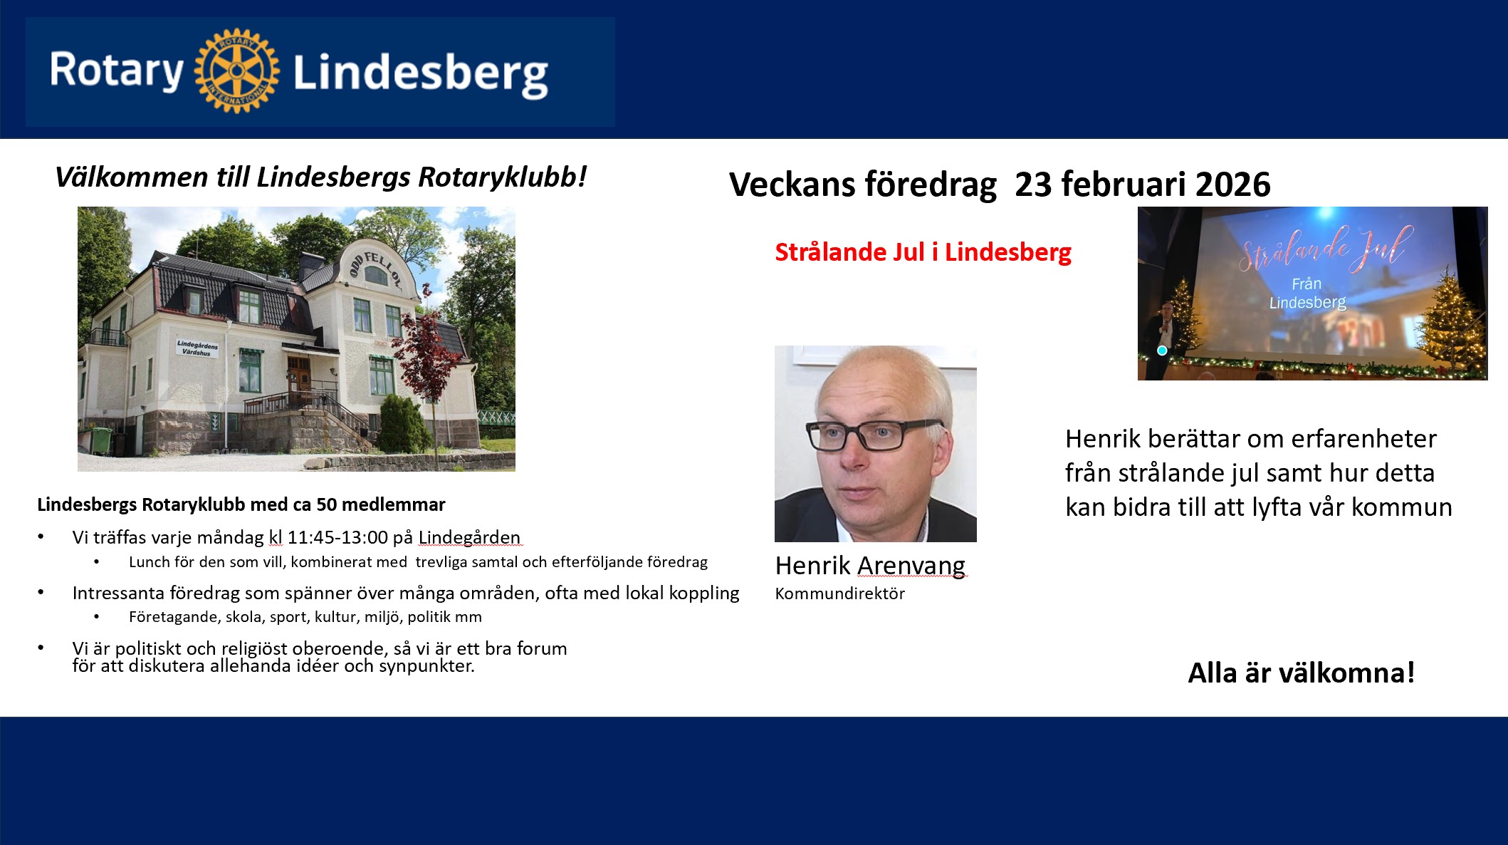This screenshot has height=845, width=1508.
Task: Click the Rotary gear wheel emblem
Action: [x=237, y=71]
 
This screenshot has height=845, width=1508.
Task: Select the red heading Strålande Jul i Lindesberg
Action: [x=923, y=252]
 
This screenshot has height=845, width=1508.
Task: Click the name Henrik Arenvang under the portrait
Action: [x=870, y=566]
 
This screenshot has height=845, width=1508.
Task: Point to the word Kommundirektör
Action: [x=840, y=593]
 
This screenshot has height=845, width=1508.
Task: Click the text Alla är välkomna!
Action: [x=1302, y=673]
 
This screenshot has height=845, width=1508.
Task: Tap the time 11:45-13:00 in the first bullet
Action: [x=337, y=537]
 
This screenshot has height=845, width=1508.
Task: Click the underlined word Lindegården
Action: [x=469, y=537]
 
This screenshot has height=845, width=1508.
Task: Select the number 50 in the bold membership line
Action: [x=326, y=505]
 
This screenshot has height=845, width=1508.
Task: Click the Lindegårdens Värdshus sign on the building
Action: [x=197, y=348]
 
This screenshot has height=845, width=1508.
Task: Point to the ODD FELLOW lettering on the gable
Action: [x=375, y=269]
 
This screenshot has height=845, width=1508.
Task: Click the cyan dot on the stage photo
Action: [x=1162, y=351]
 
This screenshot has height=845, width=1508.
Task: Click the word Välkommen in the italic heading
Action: [x=132, y=177]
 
